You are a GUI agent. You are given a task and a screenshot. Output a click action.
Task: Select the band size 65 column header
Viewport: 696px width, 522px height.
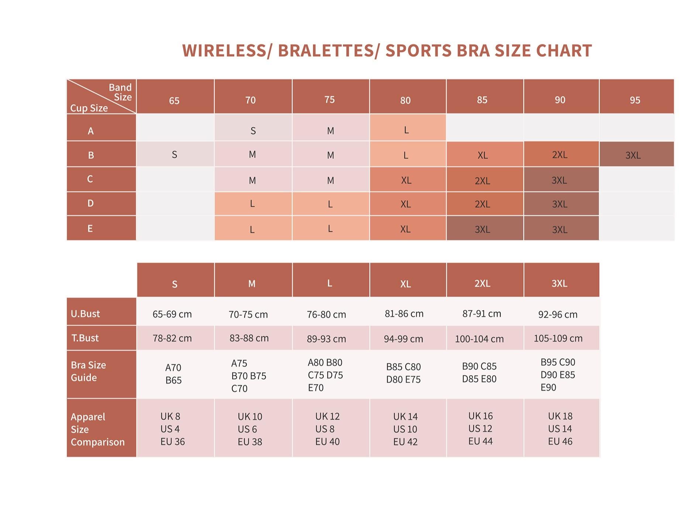click(x=174, y=100)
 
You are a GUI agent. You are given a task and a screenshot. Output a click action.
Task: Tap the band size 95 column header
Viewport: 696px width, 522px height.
click(x=635, y=100)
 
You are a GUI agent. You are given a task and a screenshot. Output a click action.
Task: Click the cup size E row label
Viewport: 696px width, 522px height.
click(x=90, y=228)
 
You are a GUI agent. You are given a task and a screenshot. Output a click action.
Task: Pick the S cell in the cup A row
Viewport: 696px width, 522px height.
click(x=253, y=131)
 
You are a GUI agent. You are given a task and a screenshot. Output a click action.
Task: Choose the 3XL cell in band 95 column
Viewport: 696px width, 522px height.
click(x=633, y=155)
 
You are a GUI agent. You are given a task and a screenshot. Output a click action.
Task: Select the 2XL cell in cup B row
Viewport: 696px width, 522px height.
click(x=559, y=155)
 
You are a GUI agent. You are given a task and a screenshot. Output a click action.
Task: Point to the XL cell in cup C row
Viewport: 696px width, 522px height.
click(x=406, y=180)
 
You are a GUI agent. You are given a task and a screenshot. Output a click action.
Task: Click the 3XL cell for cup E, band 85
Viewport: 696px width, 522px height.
click(x=482, y=229)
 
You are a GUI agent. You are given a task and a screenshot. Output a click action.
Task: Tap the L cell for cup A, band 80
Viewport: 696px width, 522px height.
click(x=406, y=130)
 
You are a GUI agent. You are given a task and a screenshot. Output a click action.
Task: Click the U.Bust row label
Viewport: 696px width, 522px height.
click(x=85, y=314)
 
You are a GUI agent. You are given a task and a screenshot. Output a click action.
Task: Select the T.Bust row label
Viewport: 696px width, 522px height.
click(x=85, y=338)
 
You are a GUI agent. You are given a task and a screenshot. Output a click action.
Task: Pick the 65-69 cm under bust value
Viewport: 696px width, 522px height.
click(x=172, y=314)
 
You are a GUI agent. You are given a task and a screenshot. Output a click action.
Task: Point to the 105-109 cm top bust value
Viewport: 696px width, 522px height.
click(x=558, y=338)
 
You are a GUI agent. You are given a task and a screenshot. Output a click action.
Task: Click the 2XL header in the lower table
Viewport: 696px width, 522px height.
click(x=482, y=283)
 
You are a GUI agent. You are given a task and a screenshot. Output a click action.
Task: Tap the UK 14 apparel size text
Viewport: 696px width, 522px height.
click(x=405, y=416)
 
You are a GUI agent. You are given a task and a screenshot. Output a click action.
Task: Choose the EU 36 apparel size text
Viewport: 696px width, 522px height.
click(x=172, y=442)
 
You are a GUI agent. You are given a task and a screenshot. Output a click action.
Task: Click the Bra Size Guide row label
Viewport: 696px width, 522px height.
click(x=89, y=371)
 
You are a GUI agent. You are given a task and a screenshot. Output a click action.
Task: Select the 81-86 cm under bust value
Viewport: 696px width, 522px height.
click(x=404, y=314)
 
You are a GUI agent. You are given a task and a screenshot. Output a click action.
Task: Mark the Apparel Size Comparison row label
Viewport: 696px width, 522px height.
click(x=97, y=429)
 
